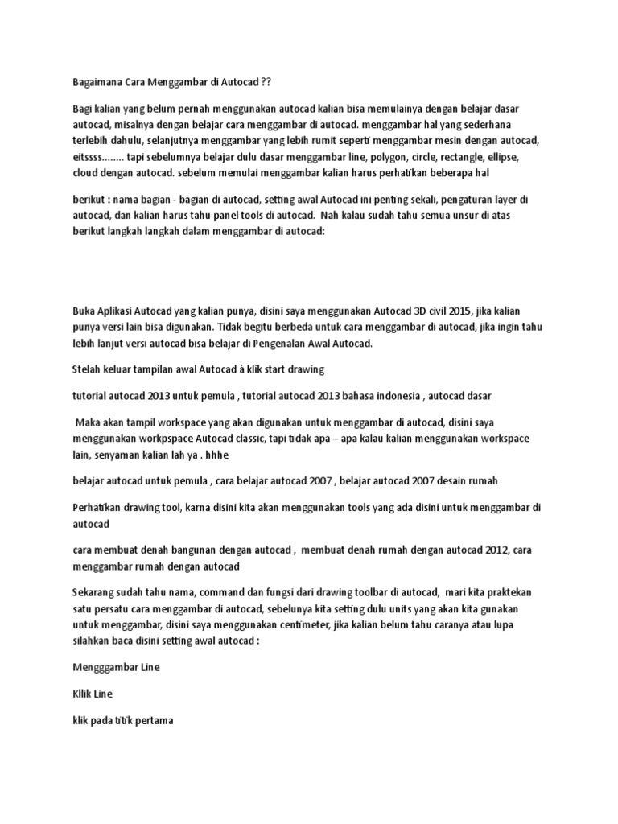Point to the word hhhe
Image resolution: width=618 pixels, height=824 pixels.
[x=215, y=454]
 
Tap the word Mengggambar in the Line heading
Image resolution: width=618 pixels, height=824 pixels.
[x=105, y=668]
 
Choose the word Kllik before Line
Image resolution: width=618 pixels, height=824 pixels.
[x=83, y=694]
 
